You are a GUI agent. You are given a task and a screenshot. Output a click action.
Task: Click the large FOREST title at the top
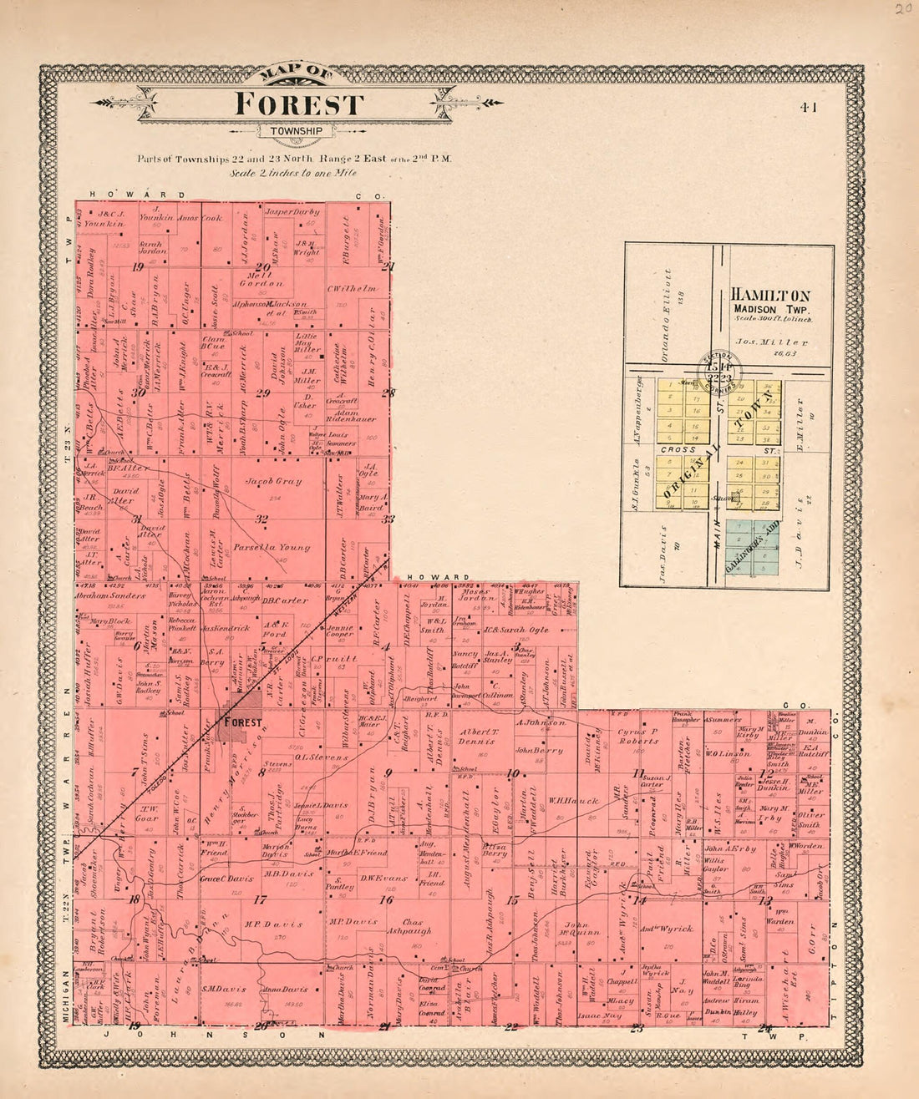(x=299, y=104)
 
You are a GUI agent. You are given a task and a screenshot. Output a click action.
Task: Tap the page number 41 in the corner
(x=807, y=107)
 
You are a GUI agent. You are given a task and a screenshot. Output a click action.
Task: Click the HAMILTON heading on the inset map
(x=770, y=296)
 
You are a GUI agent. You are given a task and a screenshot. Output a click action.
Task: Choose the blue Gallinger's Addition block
(x=751, y=547)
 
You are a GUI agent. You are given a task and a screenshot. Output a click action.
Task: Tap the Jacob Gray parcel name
(x=273, y=482)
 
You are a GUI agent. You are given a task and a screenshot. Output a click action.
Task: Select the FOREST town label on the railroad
(x=241, y=722)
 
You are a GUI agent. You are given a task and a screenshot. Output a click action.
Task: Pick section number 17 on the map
(x=260, y=899)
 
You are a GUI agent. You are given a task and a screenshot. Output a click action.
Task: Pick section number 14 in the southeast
(x=639, y=900)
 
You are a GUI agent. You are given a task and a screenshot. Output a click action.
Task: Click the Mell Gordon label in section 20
(x=261, y=278)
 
